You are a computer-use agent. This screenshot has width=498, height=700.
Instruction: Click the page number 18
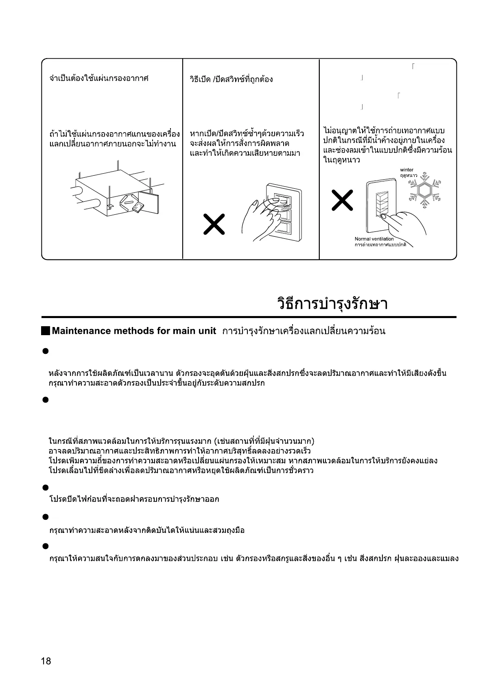click(46, 661)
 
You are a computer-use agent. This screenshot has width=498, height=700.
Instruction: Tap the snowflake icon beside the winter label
click(425, 190)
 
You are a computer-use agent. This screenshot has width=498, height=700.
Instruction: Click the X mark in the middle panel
click(214, 224)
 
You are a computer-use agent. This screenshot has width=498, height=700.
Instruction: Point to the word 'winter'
click(406, 170)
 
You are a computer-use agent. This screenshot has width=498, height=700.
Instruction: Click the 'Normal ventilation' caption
click(374, 239)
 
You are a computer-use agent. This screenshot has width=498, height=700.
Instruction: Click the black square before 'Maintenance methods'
click(46, 331)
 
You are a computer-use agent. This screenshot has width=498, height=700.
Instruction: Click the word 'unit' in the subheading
click(207, 331)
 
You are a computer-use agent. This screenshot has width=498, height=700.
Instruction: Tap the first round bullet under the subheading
click(46, 351)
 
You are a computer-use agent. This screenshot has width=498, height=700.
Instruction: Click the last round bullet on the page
click(46, 546)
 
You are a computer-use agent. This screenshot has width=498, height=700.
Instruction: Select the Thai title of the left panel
click(98, 78)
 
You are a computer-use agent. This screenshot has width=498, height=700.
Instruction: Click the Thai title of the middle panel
click(231, 79)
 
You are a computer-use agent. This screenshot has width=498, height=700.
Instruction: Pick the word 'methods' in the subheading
click(134, 331)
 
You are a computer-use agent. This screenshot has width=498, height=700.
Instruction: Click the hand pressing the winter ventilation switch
click(405, 224)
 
